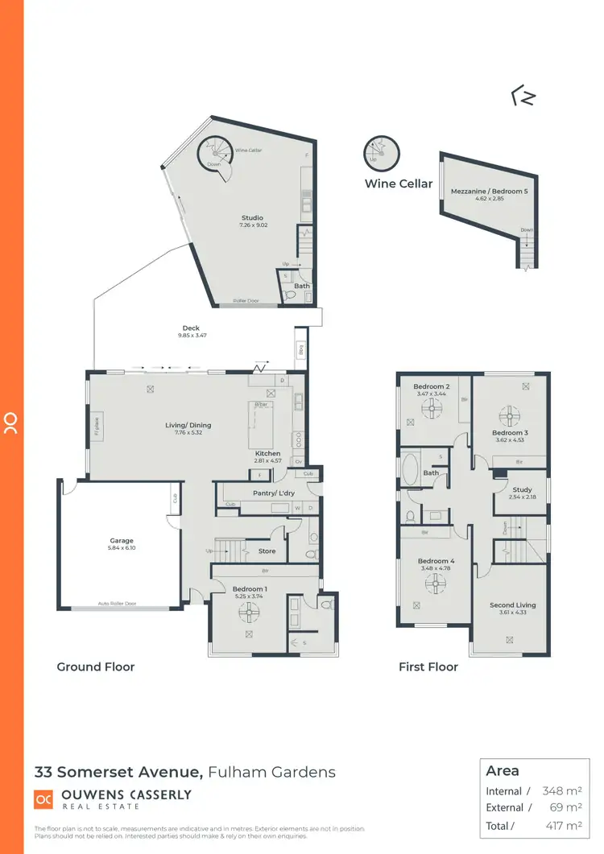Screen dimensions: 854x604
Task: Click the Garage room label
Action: [x=122, y=541]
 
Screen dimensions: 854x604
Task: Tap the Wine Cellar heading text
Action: [x=399, y=184]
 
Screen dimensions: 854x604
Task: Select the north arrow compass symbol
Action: [x=523, y=97]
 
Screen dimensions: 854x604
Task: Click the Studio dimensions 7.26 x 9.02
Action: [x=252, y=225]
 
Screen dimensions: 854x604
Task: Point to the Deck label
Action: [x=191, y=328]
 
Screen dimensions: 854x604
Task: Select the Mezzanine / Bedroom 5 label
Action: [x=489, y=191]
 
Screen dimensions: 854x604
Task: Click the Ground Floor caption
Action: [x=96, y=666]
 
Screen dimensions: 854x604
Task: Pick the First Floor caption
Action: [x=428, y=666]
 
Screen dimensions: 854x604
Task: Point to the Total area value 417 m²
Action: [x=562, y=825]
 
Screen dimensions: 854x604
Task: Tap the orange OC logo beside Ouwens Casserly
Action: [x=43, y=798]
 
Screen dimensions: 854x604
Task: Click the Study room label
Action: [x=522, y=489]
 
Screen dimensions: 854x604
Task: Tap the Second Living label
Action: [x=512, y=605]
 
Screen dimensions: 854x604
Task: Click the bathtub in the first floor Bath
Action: [x=411, y=468]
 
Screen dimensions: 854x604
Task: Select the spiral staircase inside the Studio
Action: [x=216, y=157]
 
